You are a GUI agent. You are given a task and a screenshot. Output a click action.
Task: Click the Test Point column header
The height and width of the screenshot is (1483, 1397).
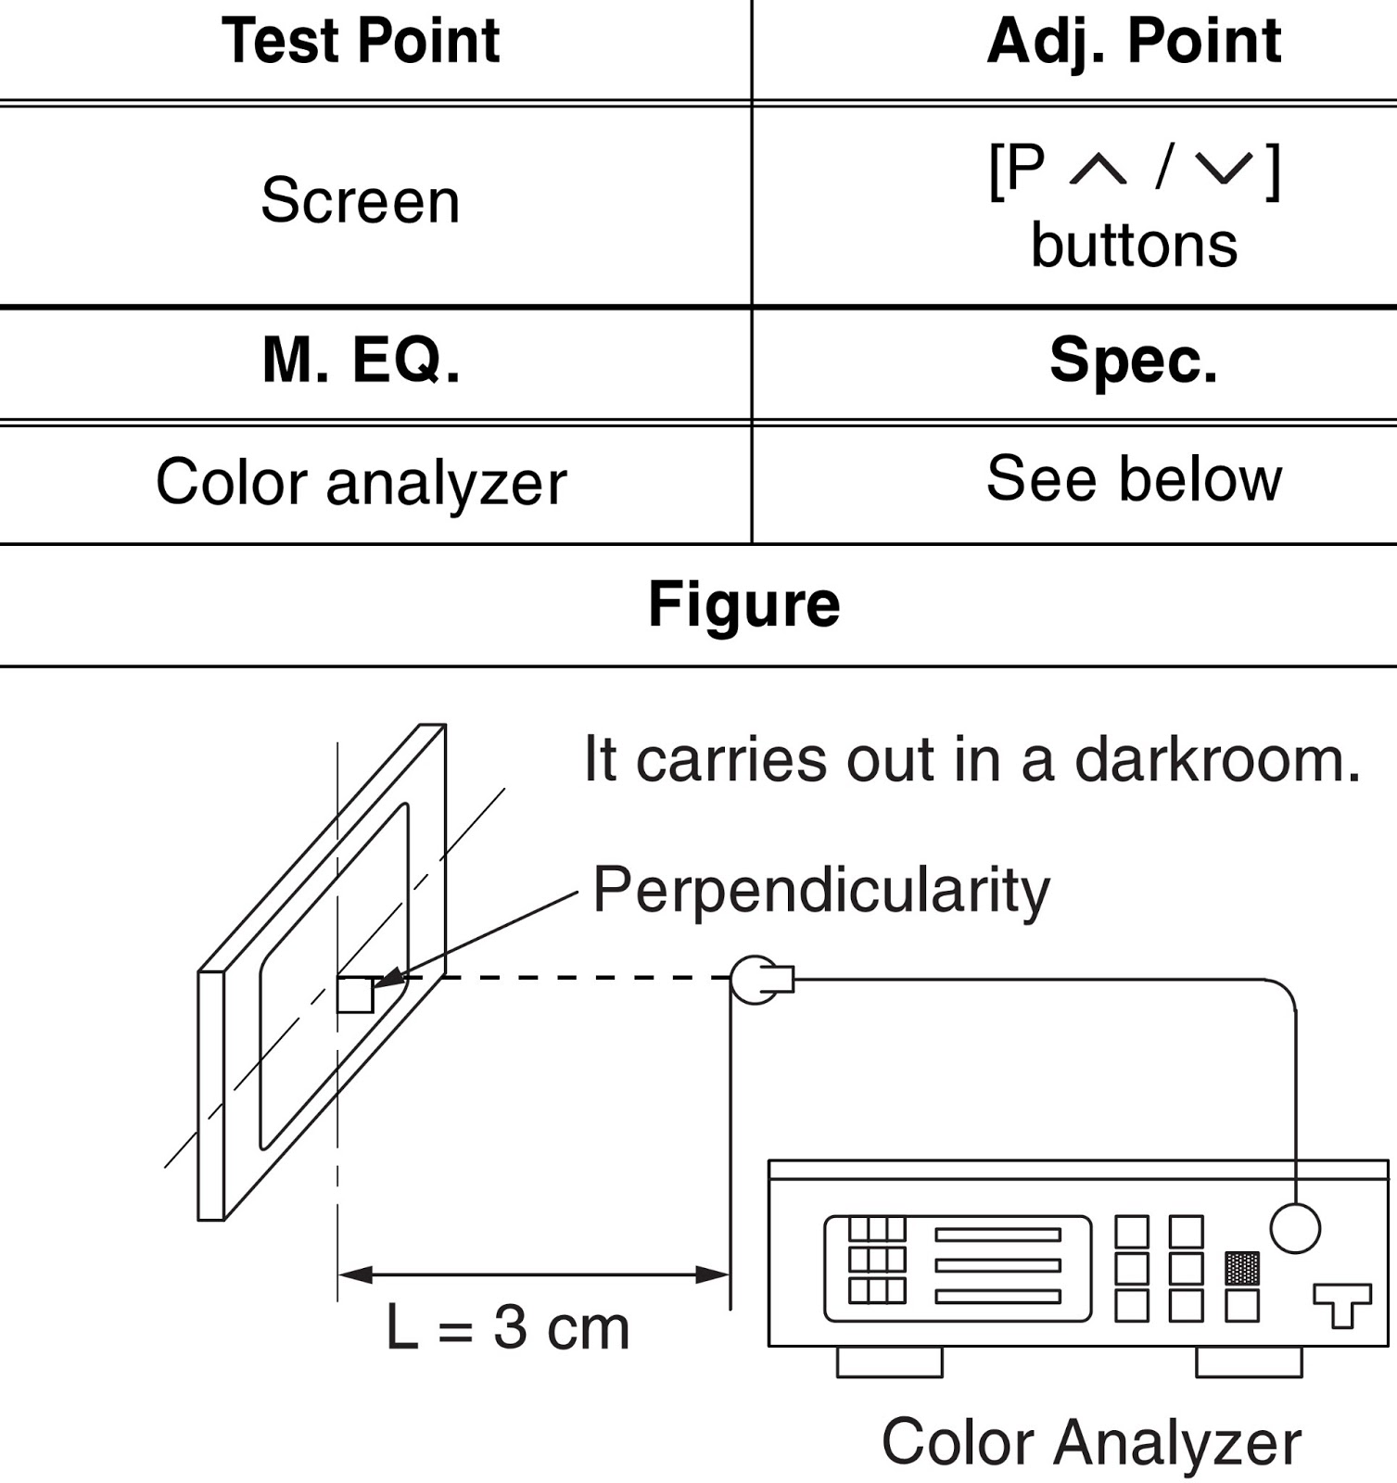pyautogui.click(x=361, y=42)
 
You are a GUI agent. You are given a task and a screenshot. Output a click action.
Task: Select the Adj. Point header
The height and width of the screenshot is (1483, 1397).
pyautogui.click(x=1133, y=42)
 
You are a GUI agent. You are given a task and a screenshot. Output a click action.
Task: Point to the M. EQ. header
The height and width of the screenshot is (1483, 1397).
pyautogui.click(x=361, y=360)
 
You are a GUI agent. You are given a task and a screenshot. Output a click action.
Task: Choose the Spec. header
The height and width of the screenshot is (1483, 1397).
pyautogui.click(x=1133, y=360)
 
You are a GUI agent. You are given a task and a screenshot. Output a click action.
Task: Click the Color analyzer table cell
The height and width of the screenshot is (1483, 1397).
pyautogui.click(x=361, y=482)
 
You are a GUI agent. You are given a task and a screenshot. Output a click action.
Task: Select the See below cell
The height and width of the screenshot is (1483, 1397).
pyautogui.click(x=1133, y=478)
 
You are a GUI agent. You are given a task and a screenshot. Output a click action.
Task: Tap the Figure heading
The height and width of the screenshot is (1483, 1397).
pyautogui.click(x=743, y=604)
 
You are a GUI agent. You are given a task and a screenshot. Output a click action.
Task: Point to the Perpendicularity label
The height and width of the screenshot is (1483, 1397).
pyautogui.click(x=820, y=890)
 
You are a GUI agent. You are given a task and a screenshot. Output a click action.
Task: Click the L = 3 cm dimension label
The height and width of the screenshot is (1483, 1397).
pyautogui.click(x=507, y=1327)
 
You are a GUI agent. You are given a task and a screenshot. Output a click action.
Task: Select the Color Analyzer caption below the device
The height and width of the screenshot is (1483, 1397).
pyautogui.click(x=1091, y=1442)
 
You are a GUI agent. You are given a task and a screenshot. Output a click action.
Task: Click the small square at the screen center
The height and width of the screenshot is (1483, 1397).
pyautogui.click(x=354, y=995)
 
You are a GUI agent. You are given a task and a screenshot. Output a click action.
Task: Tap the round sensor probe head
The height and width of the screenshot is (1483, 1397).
pyautogui.click(x=753, y=979)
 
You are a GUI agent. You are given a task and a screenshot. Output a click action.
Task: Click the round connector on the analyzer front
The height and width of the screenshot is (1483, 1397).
pyautogui.click(x=1294, y=1227)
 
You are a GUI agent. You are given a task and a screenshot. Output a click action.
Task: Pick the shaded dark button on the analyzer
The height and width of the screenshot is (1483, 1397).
pyautogui.click(x=1242, y=1267)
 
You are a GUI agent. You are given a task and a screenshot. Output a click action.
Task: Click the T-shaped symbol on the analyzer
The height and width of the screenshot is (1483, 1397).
pyautogui.click(x=1342, y=1303)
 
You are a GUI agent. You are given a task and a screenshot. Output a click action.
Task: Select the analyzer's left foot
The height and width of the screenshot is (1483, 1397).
pyautogui.click(x=889, y=1362)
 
